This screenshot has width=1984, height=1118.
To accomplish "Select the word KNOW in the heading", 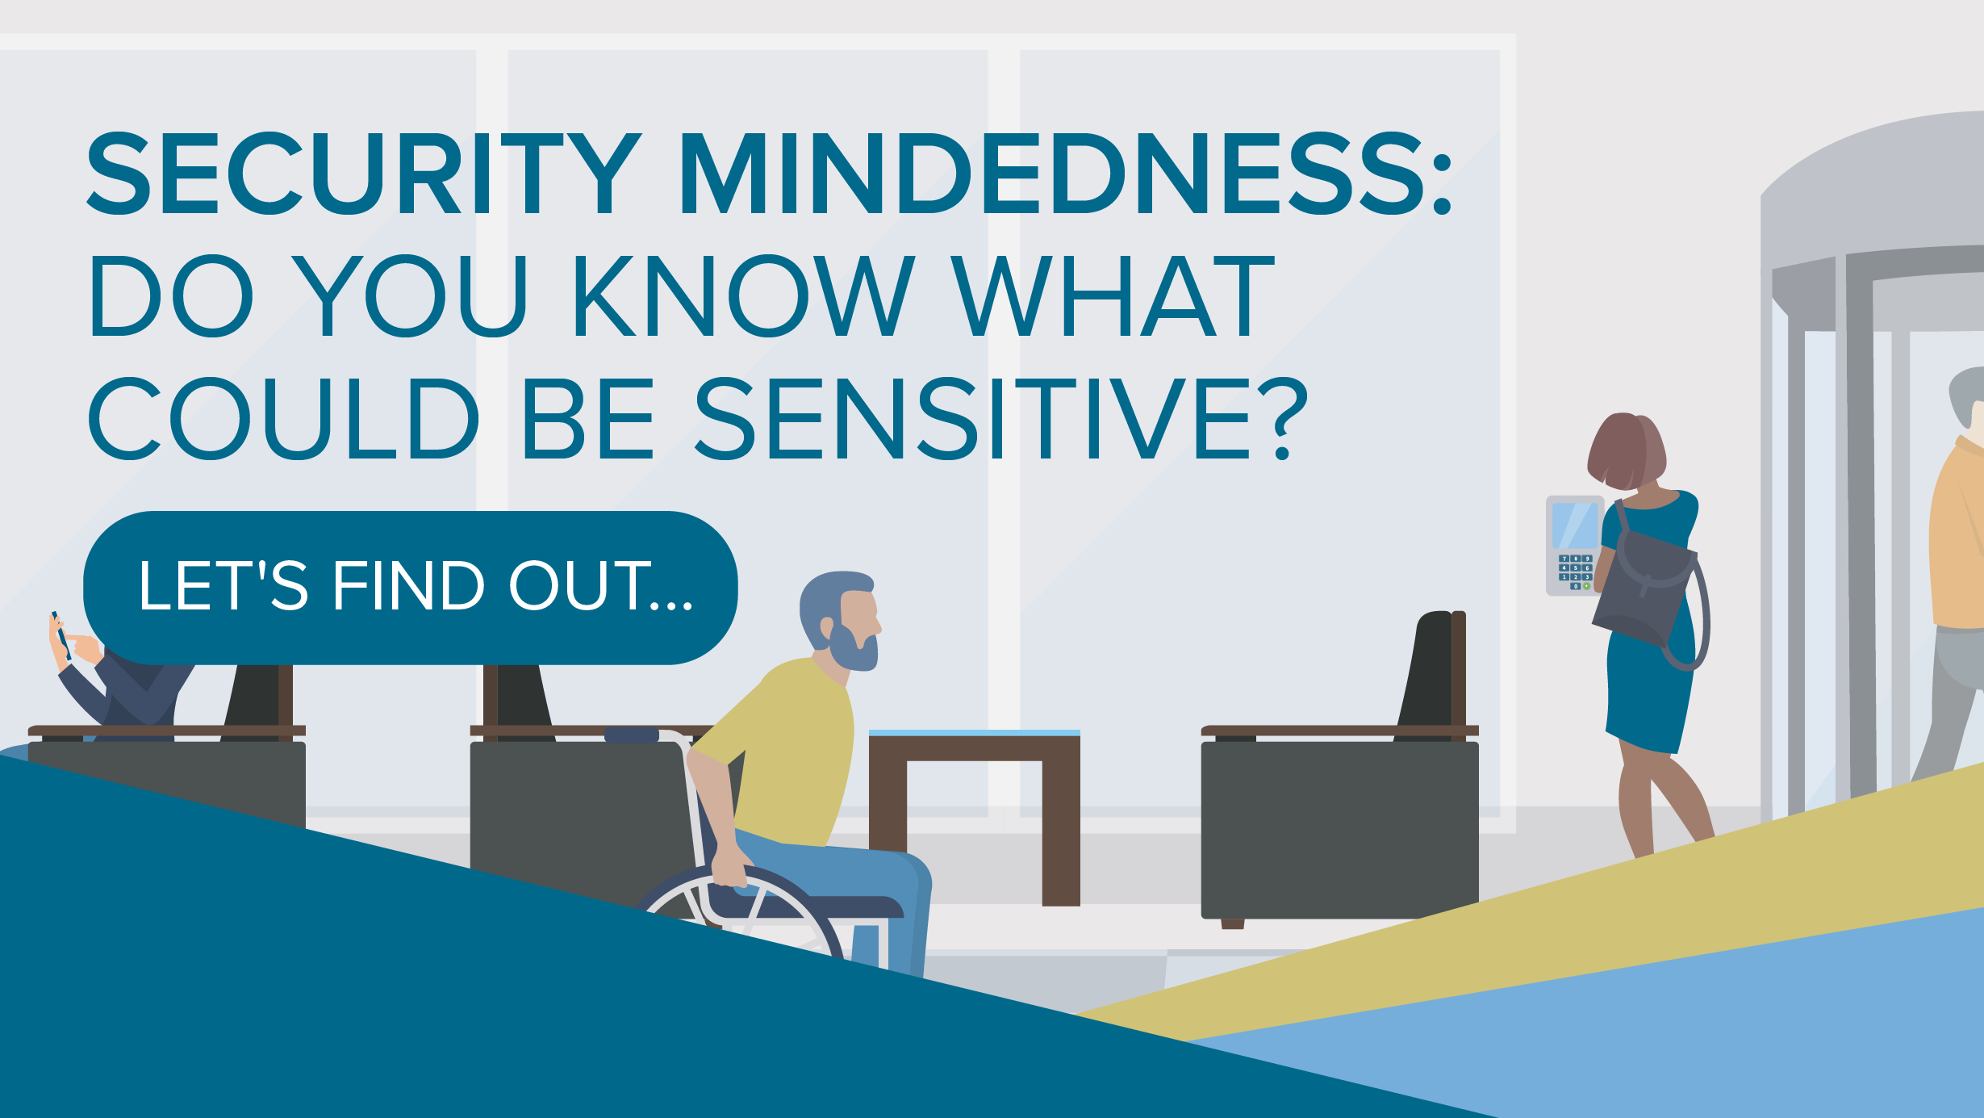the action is coord(744,295).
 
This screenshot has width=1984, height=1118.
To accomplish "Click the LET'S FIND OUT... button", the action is coord(411,588).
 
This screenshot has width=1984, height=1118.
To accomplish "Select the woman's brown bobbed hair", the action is coord(1626,450).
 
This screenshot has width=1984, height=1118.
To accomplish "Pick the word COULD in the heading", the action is coord(283,418).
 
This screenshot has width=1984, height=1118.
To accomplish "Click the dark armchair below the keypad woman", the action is coord(1340,807).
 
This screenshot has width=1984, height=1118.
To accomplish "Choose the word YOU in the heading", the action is coord(409,295).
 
